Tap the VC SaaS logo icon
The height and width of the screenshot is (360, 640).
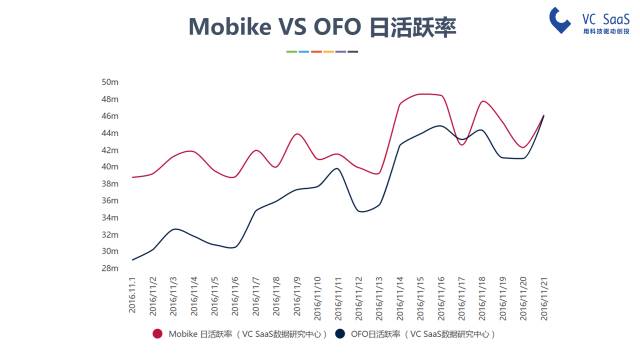click(559, 19)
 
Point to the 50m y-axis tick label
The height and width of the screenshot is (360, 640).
click(111, 82)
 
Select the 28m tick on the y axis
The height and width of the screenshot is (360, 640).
click(111, 268)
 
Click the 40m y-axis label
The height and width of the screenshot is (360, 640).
click(111, 166)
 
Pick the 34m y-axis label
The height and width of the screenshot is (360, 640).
click(111, 217)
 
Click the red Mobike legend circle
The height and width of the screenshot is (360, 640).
click(157, 334)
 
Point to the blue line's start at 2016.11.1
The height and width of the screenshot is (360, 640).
click(132, 260)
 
